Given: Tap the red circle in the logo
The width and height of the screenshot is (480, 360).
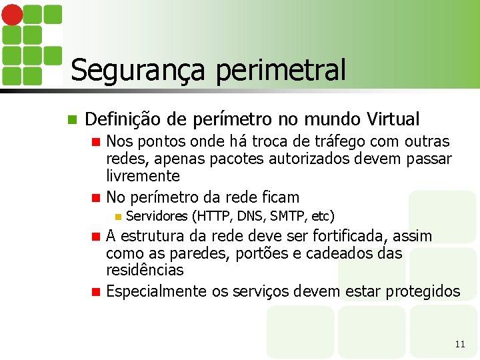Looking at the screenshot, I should click(x=13, y=15).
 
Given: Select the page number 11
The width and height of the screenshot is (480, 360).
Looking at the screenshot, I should click(x=459, y=344).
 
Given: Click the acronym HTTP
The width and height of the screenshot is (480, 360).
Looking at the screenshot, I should click(x=213, y=216).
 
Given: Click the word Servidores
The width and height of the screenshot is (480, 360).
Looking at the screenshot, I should click(x=156, y=216).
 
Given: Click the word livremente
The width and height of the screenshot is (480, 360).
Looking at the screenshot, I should click(x=143, y=176).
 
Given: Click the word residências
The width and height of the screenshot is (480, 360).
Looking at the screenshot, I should click(x=145, y=271).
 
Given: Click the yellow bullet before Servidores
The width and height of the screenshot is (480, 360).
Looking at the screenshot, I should click(x=117, y=216).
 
